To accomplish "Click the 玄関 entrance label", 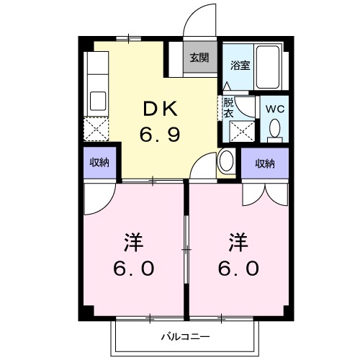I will [x=199, y=58].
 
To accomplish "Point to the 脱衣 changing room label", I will [x=228, y=107].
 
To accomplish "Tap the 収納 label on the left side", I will [x=99, y=163].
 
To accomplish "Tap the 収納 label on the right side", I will [x=265, y=163].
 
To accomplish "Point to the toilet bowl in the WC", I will [x=274, y=130].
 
